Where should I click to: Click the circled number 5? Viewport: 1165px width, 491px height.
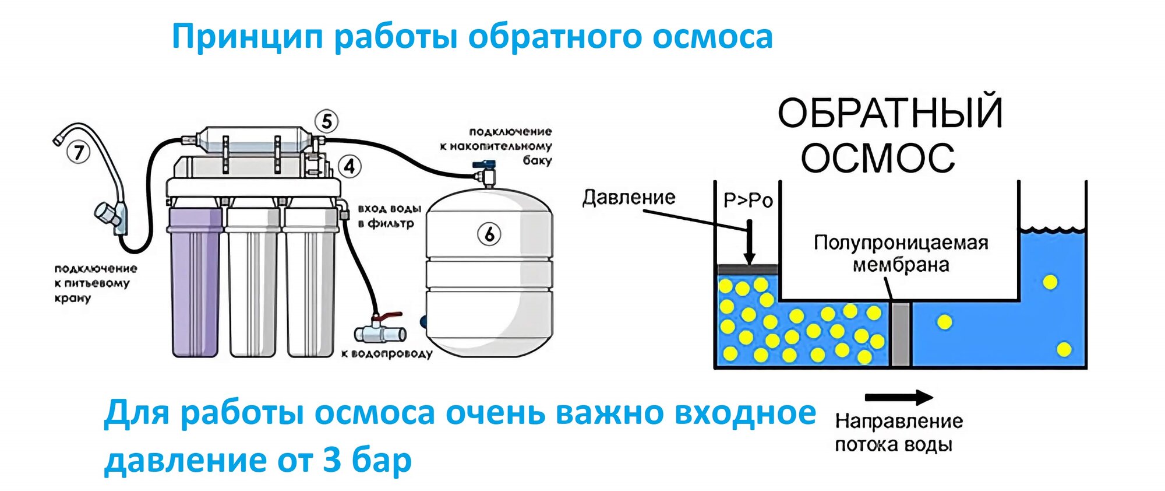327,121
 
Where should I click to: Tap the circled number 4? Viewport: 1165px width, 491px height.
349,167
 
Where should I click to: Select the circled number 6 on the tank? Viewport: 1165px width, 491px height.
489,234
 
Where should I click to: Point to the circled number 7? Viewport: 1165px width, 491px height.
79,153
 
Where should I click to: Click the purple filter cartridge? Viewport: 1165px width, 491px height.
195,280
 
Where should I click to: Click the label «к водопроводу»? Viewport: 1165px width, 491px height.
387,353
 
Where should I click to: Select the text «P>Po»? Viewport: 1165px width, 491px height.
747,201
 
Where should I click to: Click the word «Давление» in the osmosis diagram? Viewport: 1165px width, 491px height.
629,198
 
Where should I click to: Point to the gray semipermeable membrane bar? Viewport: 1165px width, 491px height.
901,334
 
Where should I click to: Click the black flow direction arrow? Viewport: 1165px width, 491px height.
898,398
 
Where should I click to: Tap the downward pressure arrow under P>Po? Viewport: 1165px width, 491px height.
750,242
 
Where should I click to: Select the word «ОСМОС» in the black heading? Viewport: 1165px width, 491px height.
877,158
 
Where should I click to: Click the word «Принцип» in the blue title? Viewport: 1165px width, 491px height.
247,37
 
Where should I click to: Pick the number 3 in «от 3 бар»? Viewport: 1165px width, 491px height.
331,460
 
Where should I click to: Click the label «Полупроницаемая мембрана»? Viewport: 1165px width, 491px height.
901,254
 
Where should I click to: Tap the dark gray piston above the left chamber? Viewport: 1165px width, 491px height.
747,269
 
